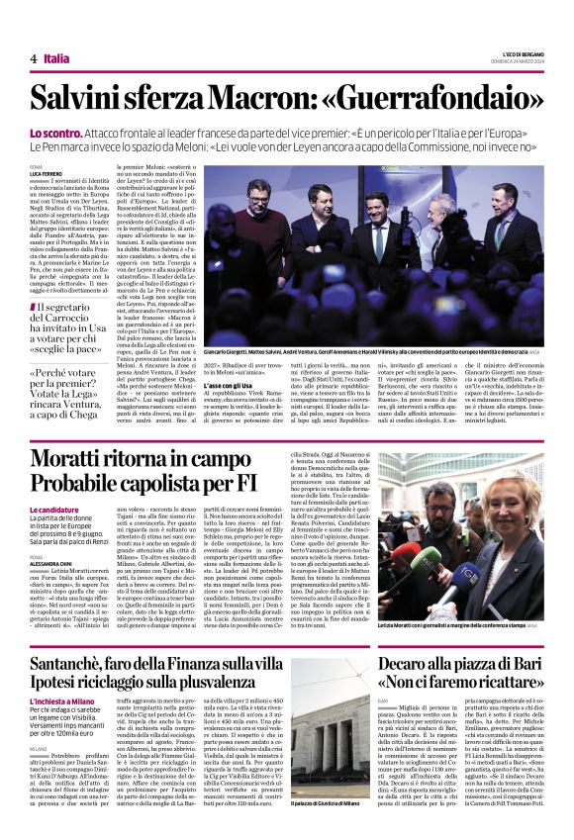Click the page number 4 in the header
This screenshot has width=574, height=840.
coord(33,58)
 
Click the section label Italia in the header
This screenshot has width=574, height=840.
coord(56,58)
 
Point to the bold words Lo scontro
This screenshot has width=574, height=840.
coord(52,132)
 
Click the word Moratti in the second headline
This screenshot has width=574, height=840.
coord(77,458)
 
